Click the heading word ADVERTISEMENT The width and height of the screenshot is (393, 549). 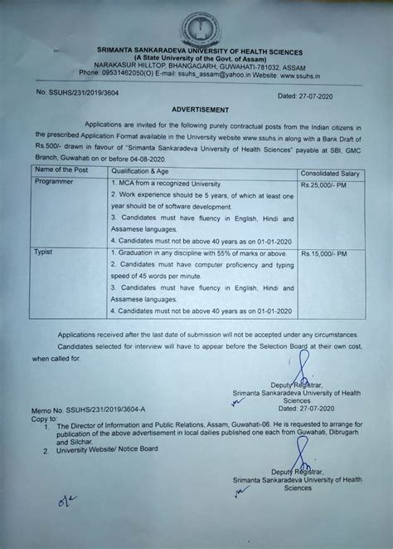click(x=200, y=108)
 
